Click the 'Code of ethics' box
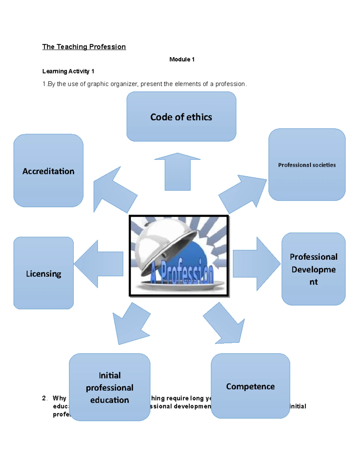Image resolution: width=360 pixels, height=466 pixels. coord(181,117)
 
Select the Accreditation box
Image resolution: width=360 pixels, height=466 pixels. coord(48,171)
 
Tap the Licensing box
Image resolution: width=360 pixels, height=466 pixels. coord(43,273)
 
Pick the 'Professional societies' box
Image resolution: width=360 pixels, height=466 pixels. coord(307,165)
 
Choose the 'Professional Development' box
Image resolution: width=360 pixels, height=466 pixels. coord(313,269)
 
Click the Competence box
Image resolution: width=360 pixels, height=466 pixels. coord(250,386)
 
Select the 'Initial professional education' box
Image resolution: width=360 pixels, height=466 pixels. coord(109,387)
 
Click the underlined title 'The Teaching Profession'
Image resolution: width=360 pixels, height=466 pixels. coord(84,47)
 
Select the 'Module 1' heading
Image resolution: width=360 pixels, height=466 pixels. coord(182,59)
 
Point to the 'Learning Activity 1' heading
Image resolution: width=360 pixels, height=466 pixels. coord(68,71)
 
